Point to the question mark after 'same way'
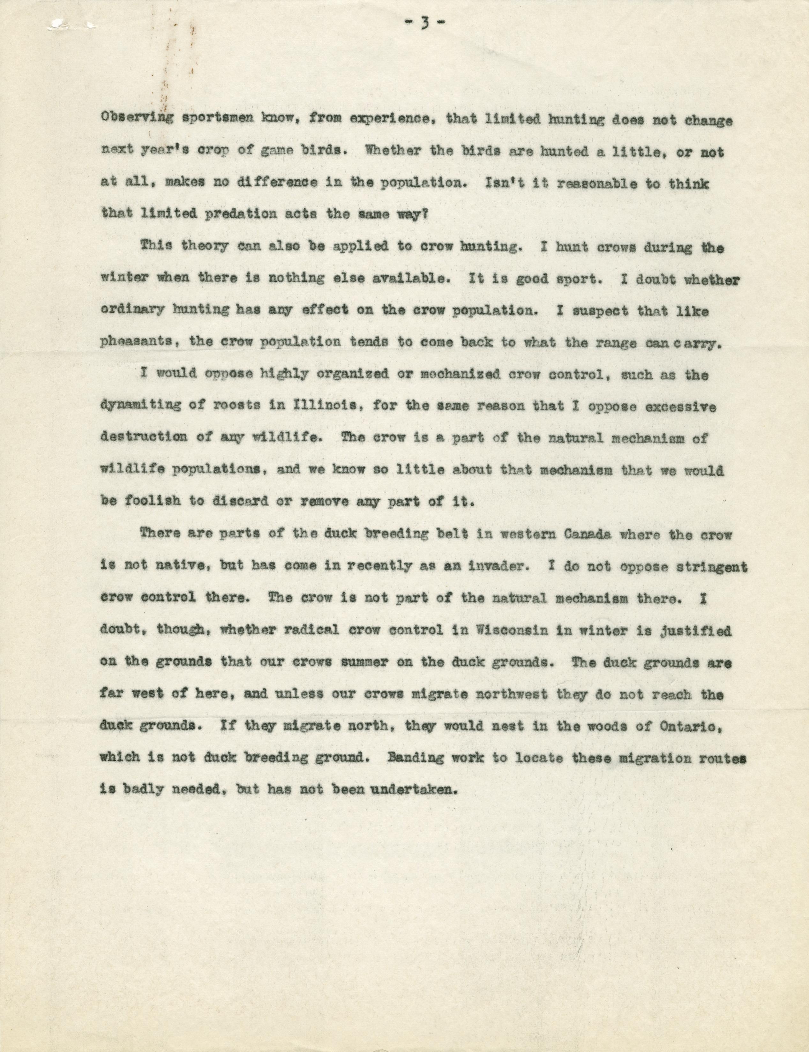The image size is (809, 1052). (426, 214)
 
